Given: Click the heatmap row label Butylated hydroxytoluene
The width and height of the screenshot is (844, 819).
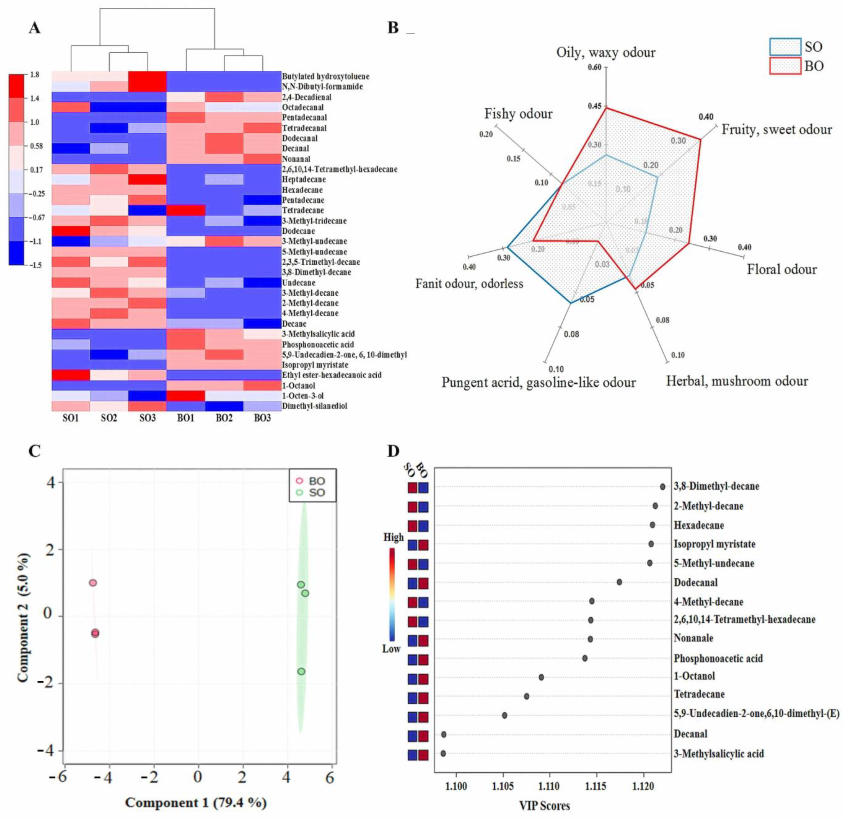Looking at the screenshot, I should (326, 76).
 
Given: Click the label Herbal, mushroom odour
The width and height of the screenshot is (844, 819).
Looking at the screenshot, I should (737, 381).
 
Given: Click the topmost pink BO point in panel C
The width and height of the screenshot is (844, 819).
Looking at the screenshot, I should (93, 583).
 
